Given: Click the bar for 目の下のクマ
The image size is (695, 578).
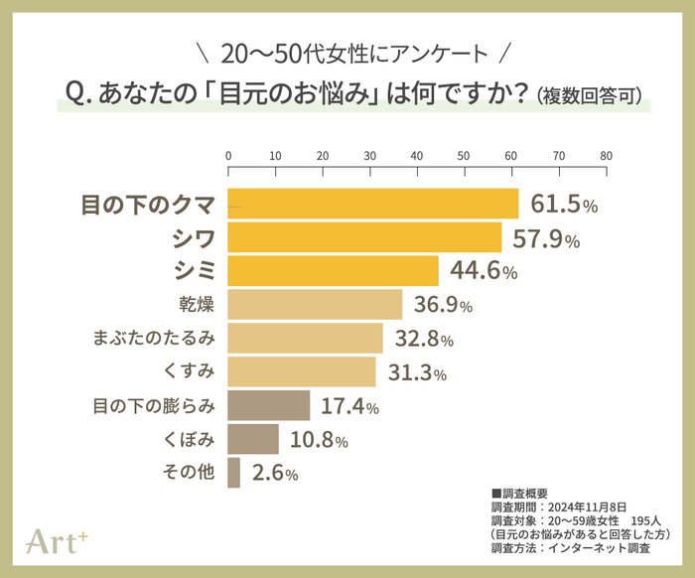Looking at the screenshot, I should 373,204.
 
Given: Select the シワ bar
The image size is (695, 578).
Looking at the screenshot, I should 364,237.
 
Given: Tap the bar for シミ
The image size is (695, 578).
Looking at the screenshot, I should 334,270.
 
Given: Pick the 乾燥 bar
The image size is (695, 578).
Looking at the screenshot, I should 315,304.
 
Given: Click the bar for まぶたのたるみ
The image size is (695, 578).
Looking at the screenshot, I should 306,338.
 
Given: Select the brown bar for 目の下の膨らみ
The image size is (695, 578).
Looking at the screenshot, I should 269,405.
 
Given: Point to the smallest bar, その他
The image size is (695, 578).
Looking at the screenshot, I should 234,473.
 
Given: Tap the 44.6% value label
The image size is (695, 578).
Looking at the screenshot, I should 484,271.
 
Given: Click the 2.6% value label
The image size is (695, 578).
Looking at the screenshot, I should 275,474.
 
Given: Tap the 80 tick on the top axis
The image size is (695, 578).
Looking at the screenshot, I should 606,156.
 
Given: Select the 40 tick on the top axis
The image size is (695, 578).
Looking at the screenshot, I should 417,156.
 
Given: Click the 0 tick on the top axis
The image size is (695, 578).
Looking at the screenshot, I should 228,156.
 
